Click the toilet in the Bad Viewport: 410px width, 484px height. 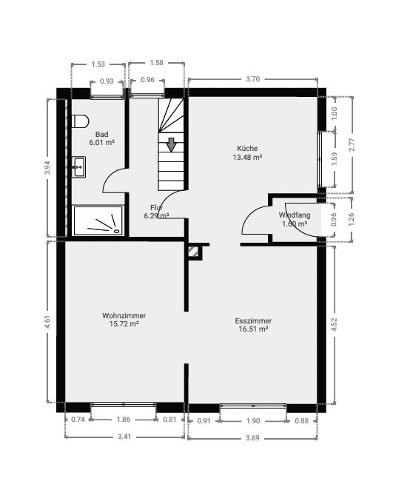(80, 121)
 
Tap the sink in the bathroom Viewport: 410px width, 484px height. (78, 167)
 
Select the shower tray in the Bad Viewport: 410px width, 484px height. (98, 221)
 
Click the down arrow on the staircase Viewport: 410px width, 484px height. (171, 145)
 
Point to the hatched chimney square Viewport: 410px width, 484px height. (194, 252)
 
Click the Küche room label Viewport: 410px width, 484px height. (247, 148)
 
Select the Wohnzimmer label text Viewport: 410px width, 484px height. (124, 316)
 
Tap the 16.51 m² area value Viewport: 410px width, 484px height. (253, 329)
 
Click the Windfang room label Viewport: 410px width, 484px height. (295, 215)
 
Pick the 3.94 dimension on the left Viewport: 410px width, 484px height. (47, 167)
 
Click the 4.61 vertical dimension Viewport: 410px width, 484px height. (47, 322)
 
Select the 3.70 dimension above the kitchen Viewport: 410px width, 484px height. (253, 79)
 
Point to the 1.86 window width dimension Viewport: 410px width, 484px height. (124, 420)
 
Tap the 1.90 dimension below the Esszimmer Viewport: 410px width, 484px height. (253, 421)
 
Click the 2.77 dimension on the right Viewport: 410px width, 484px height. (352, 145)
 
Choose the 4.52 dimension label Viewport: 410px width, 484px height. (334, 325)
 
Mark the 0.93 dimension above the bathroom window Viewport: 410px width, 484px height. (107, 81)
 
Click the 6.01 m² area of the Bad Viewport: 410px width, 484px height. (102, 143)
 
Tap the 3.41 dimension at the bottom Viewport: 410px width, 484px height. (124, 437)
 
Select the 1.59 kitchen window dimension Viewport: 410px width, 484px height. (334, 158)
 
